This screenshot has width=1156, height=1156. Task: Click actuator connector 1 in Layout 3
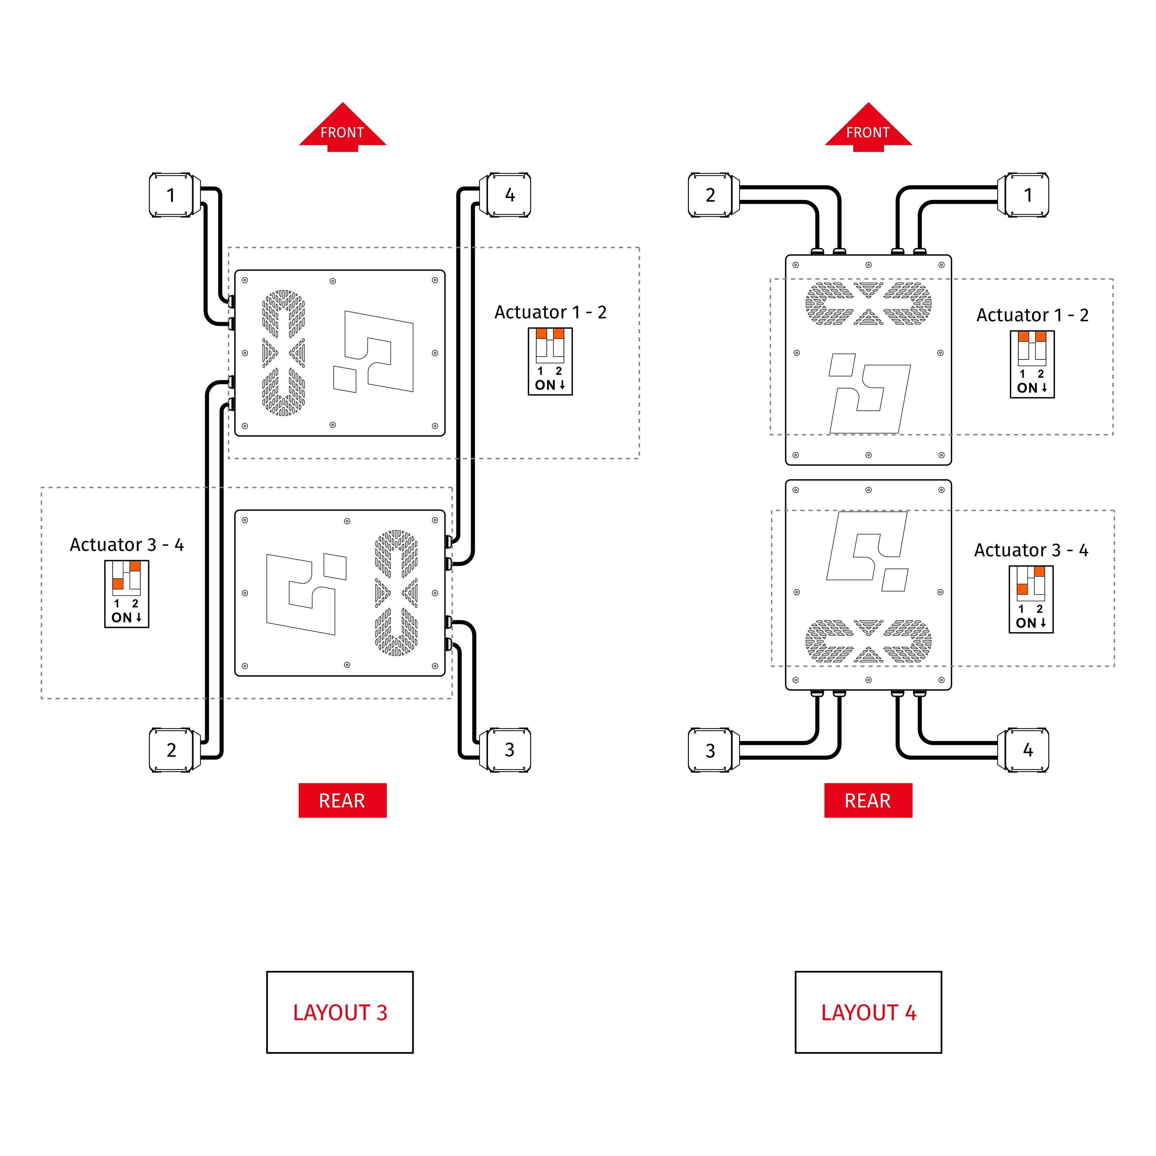171,195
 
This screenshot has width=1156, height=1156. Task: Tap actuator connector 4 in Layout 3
509,195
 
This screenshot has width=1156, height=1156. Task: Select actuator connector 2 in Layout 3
171,750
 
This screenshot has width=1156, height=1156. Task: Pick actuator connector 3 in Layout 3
509,750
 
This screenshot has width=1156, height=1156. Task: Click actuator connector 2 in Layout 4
710,195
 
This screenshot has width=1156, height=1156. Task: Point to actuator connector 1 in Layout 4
1027,195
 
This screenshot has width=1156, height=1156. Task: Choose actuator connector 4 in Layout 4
1027,750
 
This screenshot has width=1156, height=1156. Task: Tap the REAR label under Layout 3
342,800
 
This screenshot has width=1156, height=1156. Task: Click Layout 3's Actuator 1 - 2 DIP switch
550,361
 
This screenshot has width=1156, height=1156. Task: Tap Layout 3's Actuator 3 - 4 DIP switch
126,594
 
